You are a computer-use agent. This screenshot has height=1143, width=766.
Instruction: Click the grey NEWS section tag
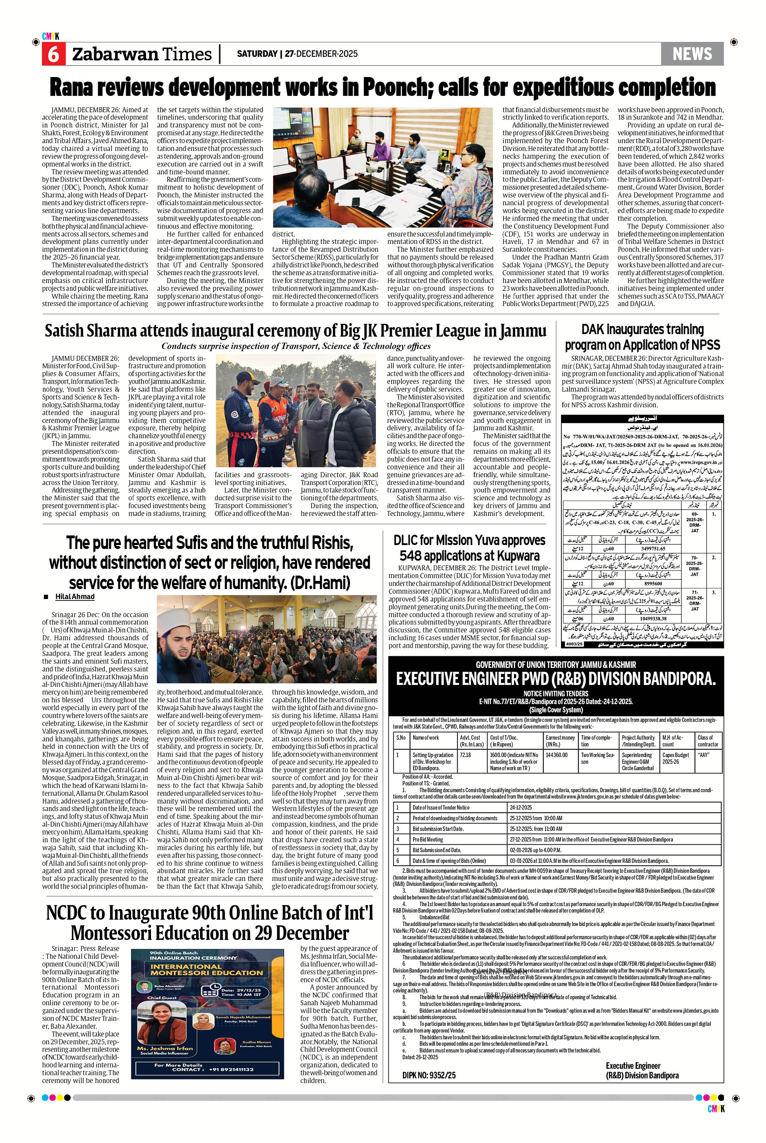point(692,54)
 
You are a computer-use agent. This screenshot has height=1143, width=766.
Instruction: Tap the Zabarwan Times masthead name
point(142,54)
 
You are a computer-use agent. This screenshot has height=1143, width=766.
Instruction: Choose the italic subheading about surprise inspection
point(296,346)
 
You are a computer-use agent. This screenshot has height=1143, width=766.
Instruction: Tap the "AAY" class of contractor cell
point(703,755)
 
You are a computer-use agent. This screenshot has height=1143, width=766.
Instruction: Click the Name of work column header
point(426,738)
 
